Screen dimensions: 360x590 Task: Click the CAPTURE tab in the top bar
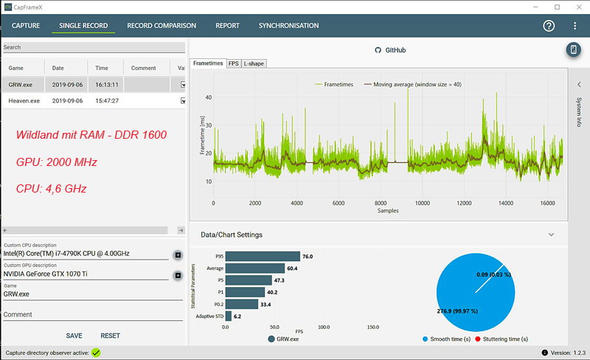(x=26, y=26)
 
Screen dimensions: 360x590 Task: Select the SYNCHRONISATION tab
(x=288, y=26)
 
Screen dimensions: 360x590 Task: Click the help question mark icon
(x=549, y=26)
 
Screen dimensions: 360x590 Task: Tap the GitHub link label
(x=395, y=50)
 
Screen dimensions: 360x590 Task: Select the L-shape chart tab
(x=254, y=64)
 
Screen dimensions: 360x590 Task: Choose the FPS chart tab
(x=233, y=64)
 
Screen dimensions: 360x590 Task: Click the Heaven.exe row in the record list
(x=25, y=100)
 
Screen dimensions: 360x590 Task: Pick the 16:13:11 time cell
(x=107, y=84)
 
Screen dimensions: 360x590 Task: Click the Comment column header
(x=143, y=68)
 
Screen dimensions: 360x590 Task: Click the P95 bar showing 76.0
(x=263, y=257)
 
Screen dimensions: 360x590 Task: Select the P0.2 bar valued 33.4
(x=242, y=304)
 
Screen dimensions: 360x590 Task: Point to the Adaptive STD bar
(x=229, y=316)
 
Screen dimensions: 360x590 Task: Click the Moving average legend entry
(x=412, y=84)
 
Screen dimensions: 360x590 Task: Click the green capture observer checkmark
(x=96, y=353)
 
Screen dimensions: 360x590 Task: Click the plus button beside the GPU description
(x=178, y=276)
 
